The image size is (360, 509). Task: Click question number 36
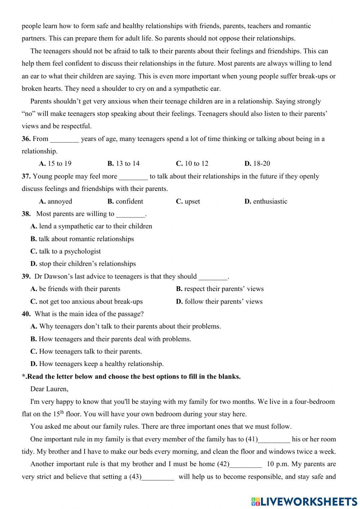point(26,139)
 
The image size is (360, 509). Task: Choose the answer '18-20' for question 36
point(257,164)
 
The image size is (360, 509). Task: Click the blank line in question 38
point(131,214)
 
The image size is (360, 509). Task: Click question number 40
point(26,314)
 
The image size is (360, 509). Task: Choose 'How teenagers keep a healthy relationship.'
point(97,364)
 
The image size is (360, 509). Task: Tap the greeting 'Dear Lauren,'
point(49,389)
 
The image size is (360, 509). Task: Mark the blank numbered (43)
point(158,477)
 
